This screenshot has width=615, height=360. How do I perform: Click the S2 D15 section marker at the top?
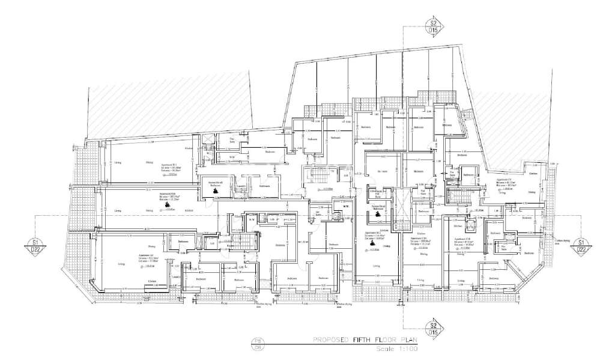[432, 26]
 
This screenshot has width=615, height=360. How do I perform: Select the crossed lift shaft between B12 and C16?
[401, 198]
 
